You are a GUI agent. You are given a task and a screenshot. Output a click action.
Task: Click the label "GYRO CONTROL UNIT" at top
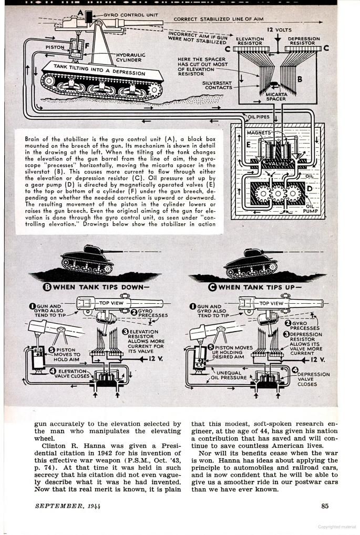tap(124, 15)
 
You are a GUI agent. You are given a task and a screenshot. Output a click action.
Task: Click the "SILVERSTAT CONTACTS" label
tap(217, 85)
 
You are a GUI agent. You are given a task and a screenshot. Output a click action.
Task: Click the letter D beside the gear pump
tap(310, 188)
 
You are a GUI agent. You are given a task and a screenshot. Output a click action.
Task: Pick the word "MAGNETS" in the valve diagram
tap(259, 133)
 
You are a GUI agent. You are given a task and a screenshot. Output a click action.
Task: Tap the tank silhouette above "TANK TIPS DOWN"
tap(87, 259)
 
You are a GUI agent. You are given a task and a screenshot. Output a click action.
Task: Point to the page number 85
tap(325, 506)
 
